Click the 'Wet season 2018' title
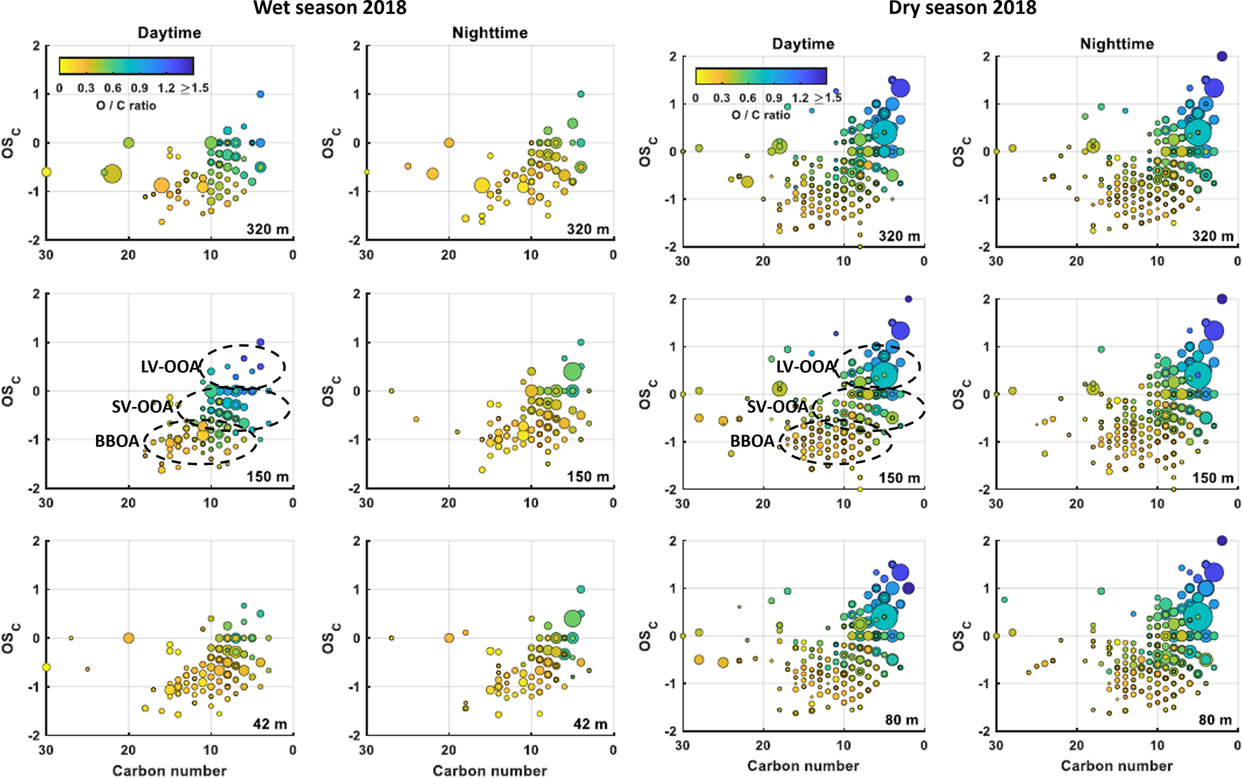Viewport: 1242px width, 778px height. [330, 8]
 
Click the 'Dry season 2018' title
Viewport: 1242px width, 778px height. [962, 8]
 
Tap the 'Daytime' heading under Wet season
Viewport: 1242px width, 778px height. [169, 32]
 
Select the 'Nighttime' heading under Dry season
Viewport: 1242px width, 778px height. [1116, 43]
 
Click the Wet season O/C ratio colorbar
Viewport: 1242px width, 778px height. [126, 66]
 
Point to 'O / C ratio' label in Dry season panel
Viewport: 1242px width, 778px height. [761, 115]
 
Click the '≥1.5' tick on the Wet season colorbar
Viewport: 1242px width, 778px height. [195, 88]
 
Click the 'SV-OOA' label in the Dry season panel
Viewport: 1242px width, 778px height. [777, 407]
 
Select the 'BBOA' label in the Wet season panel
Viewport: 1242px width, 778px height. [117, 441]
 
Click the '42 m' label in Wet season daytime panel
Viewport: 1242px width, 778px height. [270, 724]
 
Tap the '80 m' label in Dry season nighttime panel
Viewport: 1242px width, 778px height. [1215, 720]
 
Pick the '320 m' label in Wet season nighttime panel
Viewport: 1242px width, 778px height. [588, 229]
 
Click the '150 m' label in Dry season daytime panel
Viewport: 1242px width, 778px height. [899, 478]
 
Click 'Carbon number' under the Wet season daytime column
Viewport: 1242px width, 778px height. [169, 771]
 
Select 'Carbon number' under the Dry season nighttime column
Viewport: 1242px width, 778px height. [1116, 765]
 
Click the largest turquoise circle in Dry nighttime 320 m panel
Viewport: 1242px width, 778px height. [1198, 132]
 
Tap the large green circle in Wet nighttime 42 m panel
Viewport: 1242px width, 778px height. [573, 617]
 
